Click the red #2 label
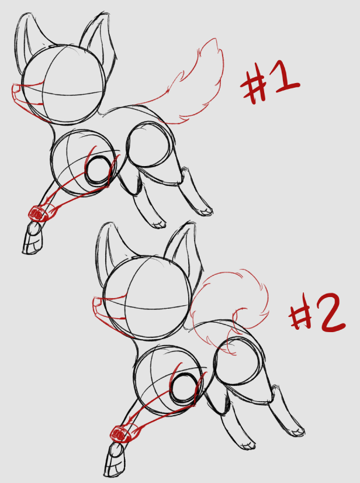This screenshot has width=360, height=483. pos(317,312)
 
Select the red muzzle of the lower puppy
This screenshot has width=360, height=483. pos(100,308)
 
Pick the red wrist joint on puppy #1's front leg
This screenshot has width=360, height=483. pos(37,214)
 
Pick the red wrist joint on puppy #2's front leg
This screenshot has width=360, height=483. pos(121,434)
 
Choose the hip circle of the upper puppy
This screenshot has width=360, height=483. pos(149,145)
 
